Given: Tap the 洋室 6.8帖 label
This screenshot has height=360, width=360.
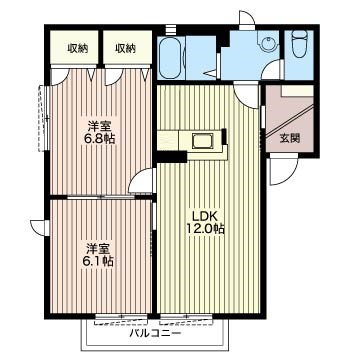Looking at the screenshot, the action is point(99,132).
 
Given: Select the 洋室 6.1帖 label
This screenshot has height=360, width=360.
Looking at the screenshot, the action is point(98,255).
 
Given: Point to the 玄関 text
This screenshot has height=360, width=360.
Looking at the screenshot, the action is point(289,138).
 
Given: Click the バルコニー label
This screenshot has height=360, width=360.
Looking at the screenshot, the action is point(155,333).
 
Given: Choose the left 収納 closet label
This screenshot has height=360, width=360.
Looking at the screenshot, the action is point(78,49).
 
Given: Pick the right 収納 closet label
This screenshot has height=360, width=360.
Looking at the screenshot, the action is point(126,49).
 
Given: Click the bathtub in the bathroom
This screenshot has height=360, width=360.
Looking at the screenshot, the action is point(171,57).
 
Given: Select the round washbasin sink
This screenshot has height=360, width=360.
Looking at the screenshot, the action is point(268,43).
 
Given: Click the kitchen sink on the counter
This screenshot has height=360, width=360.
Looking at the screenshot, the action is point(202,141).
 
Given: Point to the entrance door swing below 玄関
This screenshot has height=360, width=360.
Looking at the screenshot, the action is point(283,171).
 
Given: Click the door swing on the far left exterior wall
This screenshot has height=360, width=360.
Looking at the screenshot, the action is point(40,228).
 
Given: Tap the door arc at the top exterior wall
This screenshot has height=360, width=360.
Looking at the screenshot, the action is point(247,20).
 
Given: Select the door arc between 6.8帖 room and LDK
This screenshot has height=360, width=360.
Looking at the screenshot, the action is point(143,180).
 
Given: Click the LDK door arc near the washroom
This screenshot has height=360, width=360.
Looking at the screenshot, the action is point(246,96).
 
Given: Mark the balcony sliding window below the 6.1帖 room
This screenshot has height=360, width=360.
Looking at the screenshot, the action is point(121,319).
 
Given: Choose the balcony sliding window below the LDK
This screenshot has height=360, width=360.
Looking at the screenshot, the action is point(186,319).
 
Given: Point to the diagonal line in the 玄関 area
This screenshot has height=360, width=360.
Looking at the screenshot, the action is point(290,122).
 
